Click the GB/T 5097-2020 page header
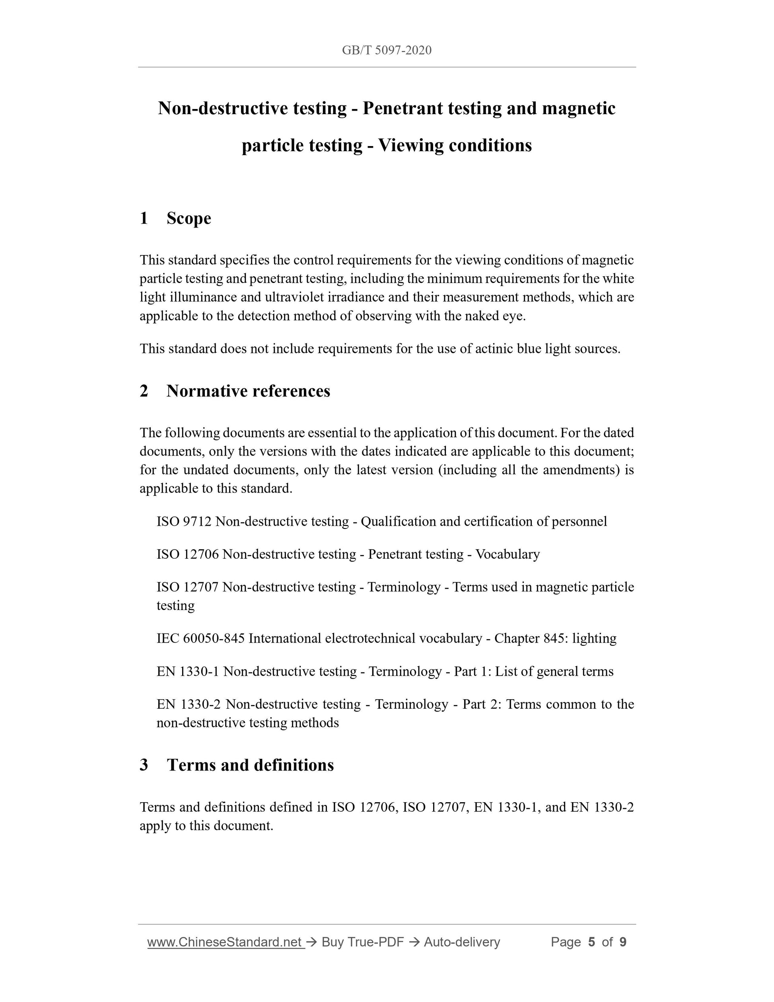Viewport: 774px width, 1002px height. click(x=387, y=50)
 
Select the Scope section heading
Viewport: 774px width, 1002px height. click(x=189, y=218)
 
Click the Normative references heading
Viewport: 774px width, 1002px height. click(x=248, y=391)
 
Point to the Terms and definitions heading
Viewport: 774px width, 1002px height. click(x=250, y=765)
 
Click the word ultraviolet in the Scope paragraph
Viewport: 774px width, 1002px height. click(x=294, y=297)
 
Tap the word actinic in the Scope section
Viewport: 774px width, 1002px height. click(x=494, y=349)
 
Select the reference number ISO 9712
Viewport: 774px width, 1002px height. click(x=184, y=521)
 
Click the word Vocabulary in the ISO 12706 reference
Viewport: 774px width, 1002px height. click(x=507, y=554)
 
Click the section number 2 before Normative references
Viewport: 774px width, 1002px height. click(x=144, y=391)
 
